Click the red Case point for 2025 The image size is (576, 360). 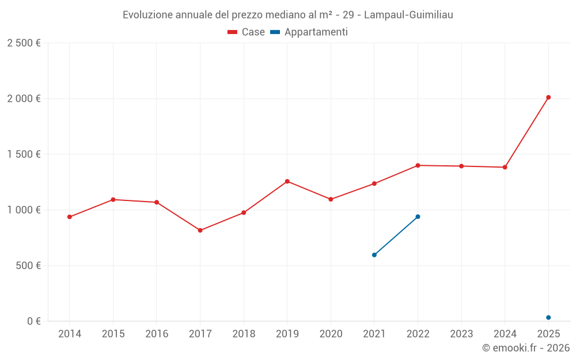548,97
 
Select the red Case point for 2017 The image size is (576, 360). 200,230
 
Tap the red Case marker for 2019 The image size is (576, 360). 287,181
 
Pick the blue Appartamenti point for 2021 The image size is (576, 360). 374,255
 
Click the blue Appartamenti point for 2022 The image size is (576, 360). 418,217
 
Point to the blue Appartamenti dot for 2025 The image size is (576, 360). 548,317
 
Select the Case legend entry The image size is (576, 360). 247,32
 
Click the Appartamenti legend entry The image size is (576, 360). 309,32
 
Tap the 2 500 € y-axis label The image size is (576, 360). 24,43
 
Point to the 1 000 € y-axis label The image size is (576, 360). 24,210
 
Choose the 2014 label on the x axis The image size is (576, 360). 70,334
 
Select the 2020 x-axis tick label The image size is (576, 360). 331,334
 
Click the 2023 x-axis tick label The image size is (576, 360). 461,334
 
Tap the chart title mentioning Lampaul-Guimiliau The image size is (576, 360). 288,15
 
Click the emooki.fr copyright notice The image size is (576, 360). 525,348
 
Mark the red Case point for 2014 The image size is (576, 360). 70,217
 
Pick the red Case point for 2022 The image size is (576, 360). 418,165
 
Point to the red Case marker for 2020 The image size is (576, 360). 331,199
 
